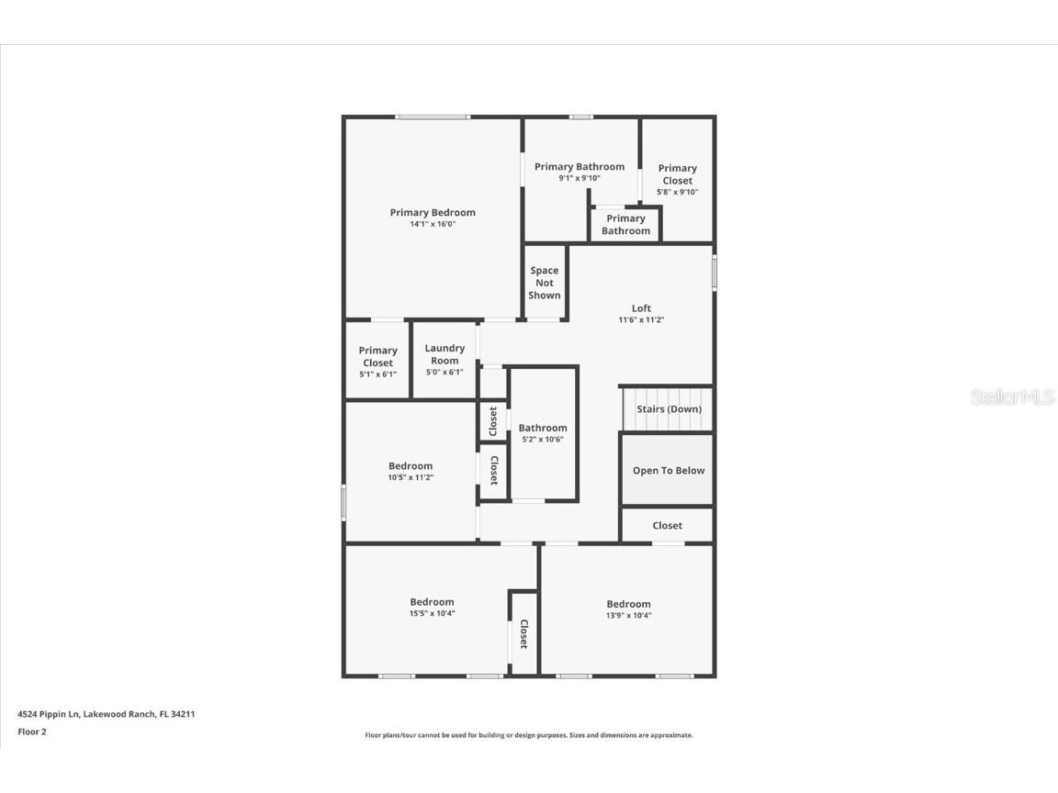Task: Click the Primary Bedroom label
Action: [433, 212]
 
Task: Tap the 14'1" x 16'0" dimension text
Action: [433, 224]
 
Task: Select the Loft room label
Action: [641, 308]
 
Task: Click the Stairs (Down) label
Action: [669, 409]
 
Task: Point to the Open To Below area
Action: [669, 471]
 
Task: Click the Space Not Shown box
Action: [545, 283]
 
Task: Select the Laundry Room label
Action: [445, 354]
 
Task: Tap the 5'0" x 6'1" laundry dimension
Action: [445, 372]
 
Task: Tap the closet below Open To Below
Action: [668, 526]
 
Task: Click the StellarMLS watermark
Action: [1012, 396]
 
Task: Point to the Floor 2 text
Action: [31, 732]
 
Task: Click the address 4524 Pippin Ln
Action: [107, 713]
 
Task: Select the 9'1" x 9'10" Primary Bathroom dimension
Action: [580, 178]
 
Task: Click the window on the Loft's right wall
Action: [715, 274]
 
